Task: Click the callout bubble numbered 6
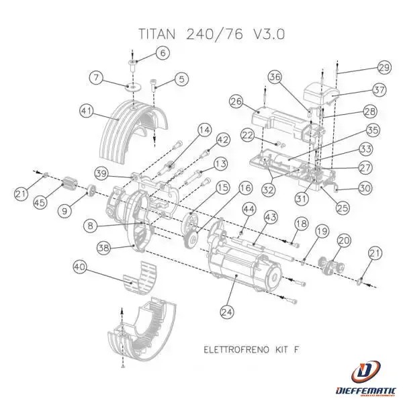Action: (x=163, y=52)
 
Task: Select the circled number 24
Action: (x=226, y=311)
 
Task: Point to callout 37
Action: (x=379, y=90)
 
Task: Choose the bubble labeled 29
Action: (x=384, y=67)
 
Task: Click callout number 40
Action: (x=81, y=267)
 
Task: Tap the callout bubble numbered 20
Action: (x=344, y=240)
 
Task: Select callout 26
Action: (x=235, y=102)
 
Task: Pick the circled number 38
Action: (x=105, y=249)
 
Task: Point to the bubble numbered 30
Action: (x=365, y=189)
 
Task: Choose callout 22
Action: (x=247, y=136)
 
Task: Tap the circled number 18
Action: (x=300, y=223)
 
